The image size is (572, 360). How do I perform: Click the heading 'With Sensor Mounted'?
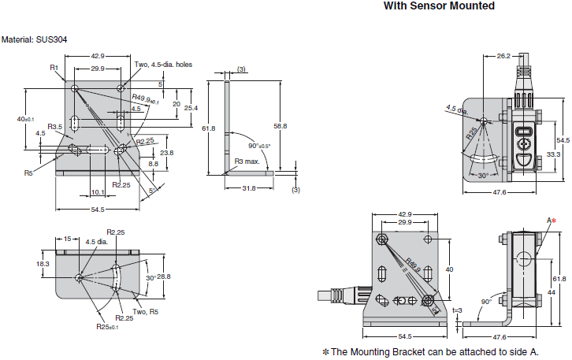[439, 6]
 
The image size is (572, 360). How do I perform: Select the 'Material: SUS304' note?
[35, 39]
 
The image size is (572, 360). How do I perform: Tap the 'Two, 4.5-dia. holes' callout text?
[163, 65]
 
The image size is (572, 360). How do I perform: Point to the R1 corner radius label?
[54, 68]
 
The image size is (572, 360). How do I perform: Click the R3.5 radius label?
[54, 127]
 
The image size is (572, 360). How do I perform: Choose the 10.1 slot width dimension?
[98, 192]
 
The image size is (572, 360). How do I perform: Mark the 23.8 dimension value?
[167, 153]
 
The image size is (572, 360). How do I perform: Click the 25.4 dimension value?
[191, 108]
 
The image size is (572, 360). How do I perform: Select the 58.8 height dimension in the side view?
[280, 126]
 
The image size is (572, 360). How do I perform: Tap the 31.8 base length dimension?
[249, 188]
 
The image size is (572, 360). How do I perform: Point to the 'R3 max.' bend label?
[247, 161]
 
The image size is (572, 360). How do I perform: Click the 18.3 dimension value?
[43, 263]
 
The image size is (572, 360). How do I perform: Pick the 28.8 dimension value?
[164, 276]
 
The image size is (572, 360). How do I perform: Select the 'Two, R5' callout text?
[145, 312]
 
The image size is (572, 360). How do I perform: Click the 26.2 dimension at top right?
[503, 56]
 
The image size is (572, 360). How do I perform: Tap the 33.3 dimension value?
[553, 154]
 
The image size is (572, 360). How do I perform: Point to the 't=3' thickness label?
[457, 310]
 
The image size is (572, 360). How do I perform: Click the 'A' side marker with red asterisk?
[552, 221]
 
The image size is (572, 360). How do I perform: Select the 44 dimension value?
[551, 292]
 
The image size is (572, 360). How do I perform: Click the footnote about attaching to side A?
[431, 352]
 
